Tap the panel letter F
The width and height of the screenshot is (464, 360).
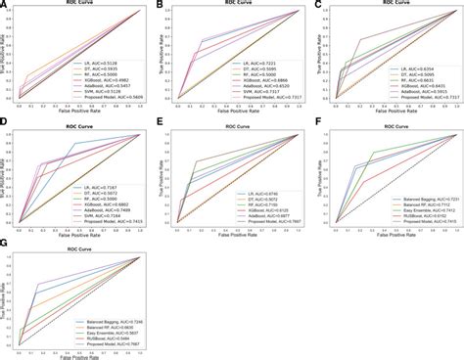[318, 126]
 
